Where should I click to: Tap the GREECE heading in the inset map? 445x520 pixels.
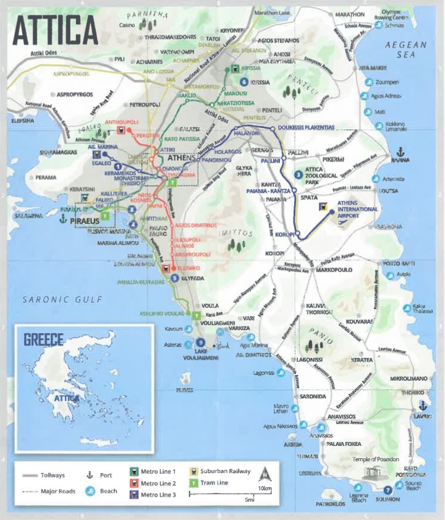click(x=43, y=339)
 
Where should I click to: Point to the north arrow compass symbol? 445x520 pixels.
click(x=265, y=475)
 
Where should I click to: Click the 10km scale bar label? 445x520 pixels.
click(x=265, y=489)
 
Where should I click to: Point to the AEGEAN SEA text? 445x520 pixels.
click(x=405, y=49)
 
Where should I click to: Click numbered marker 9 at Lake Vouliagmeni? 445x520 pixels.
click(x=200, y=343)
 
